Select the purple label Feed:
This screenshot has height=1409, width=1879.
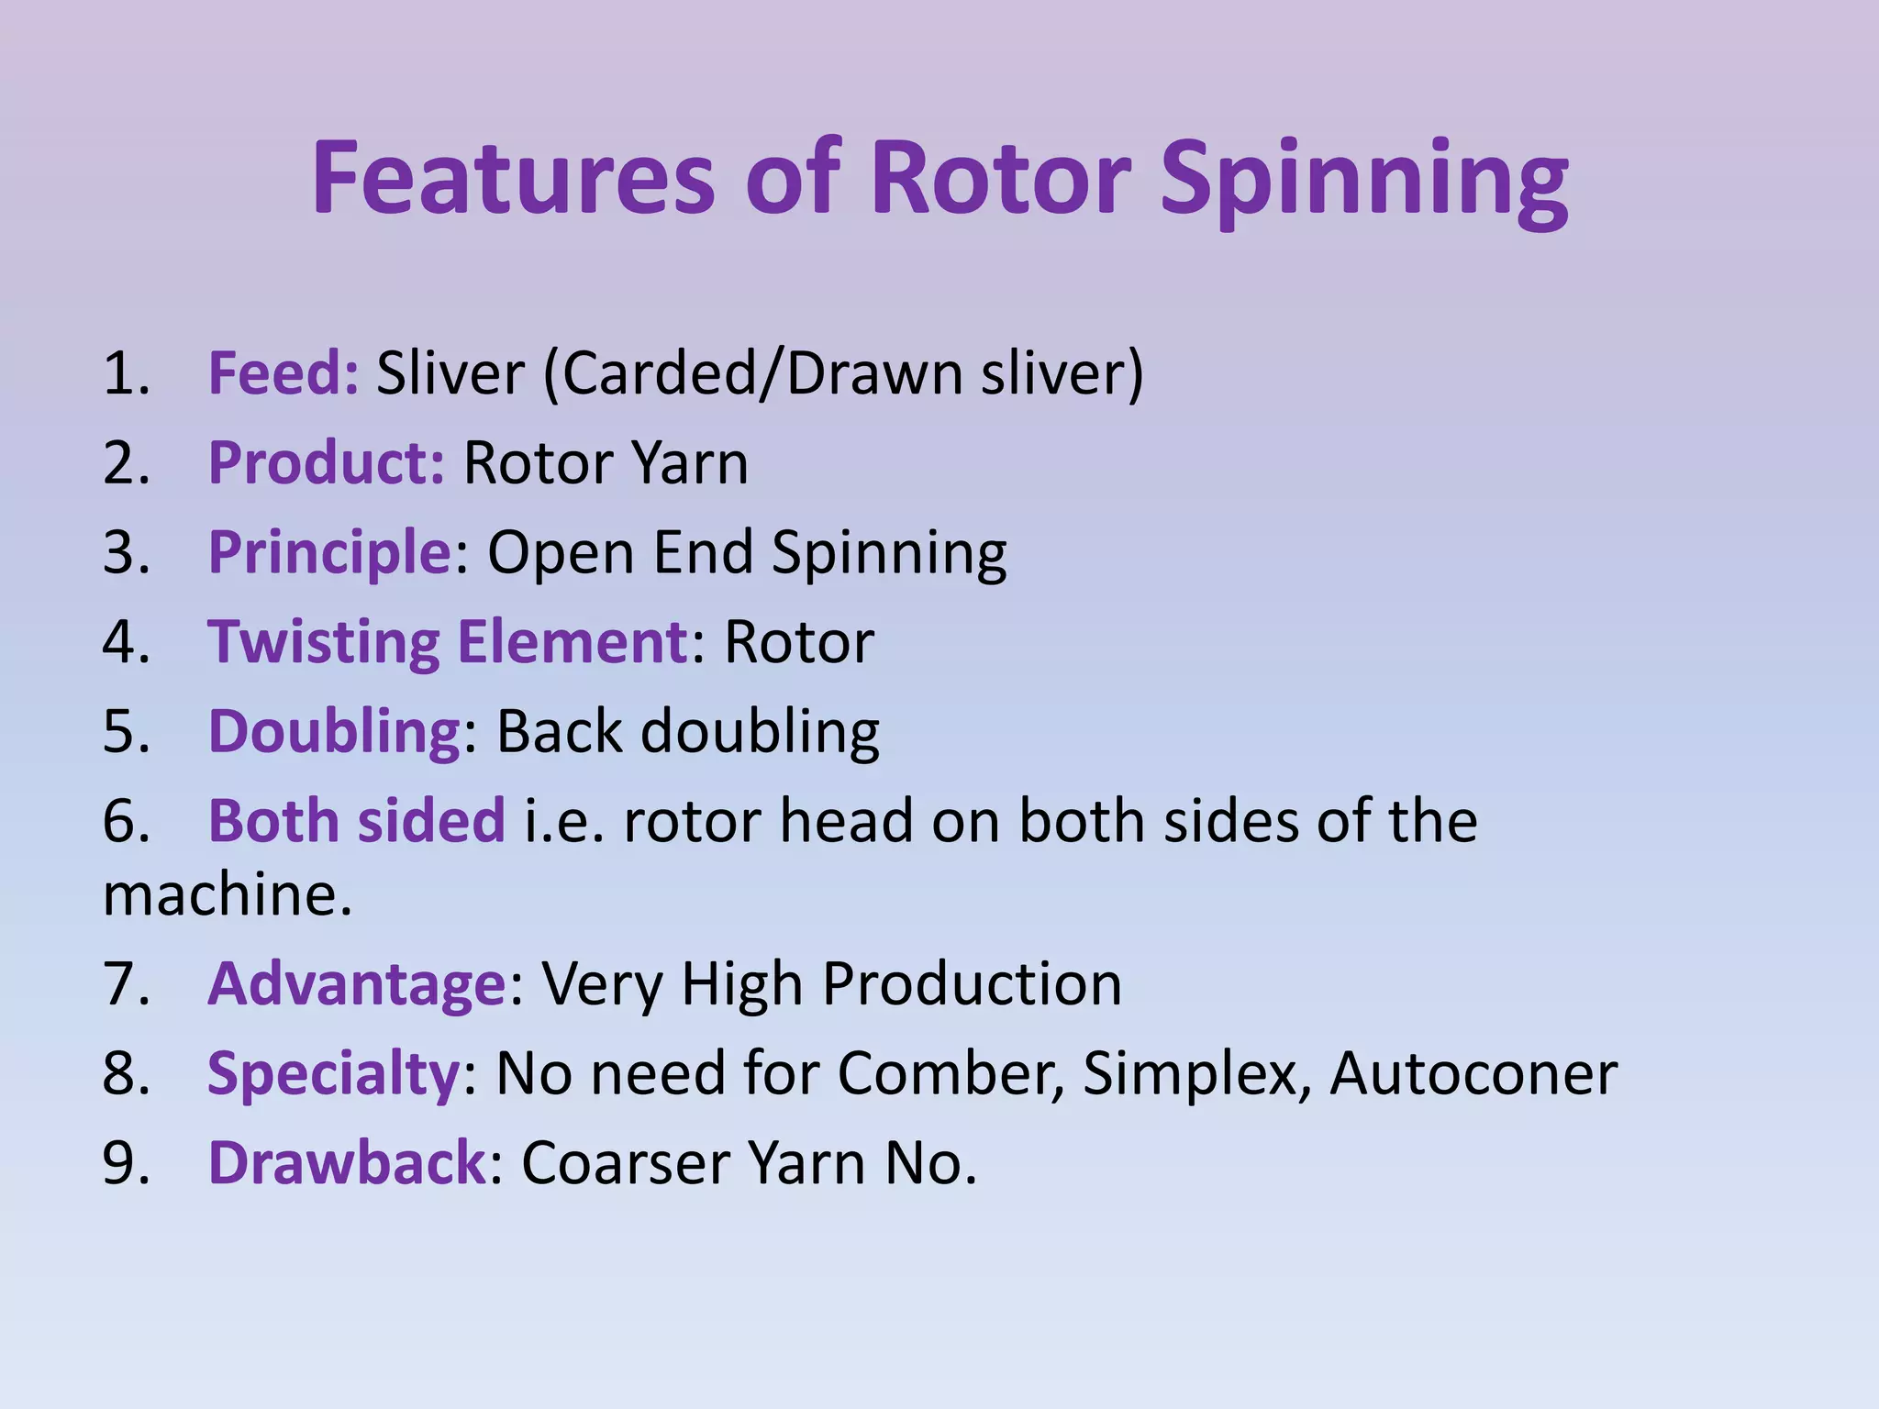click(283, 373)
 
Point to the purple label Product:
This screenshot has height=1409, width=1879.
click(326, 462)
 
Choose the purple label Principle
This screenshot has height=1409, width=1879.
click(329, 552)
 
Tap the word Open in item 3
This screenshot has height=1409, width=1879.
click(560, 552)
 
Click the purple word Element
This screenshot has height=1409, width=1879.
click(573, 641)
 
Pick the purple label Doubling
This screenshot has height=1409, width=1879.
click(334, 731)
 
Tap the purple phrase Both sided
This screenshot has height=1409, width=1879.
click(356, 820)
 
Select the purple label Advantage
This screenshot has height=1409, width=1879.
click(356, 983)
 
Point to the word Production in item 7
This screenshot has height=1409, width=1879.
click(972, 983)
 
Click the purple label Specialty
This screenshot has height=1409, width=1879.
click(332, 1072)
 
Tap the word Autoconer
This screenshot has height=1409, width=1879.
click(1473, 1072)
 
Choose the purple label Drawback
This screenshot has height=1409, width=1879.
click(346, 1162)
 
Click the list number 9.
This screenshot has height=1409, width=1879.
click(125, 1162)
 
